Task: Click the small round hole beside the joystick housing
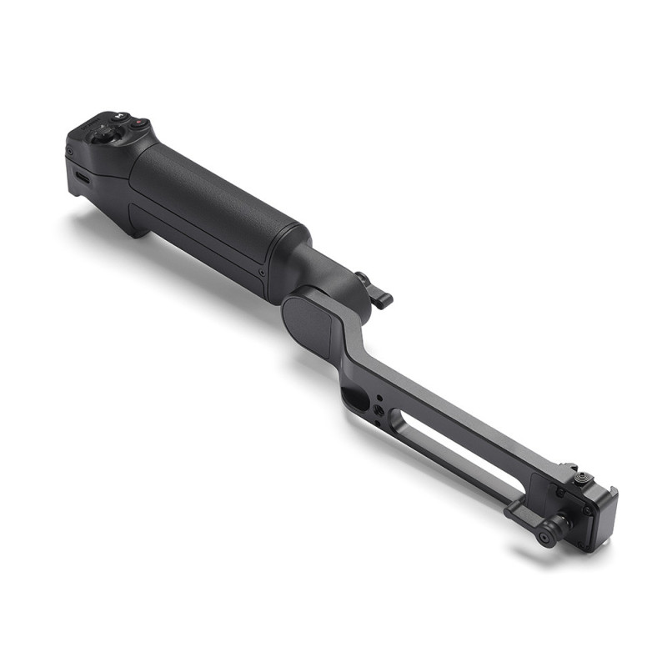pyautogui.click(x=69, y=151)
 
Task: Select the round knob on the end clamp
pyautogui.click(x=548, y=533)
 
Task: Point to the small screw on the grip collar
pyautogui.click(x=263, y=272)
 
